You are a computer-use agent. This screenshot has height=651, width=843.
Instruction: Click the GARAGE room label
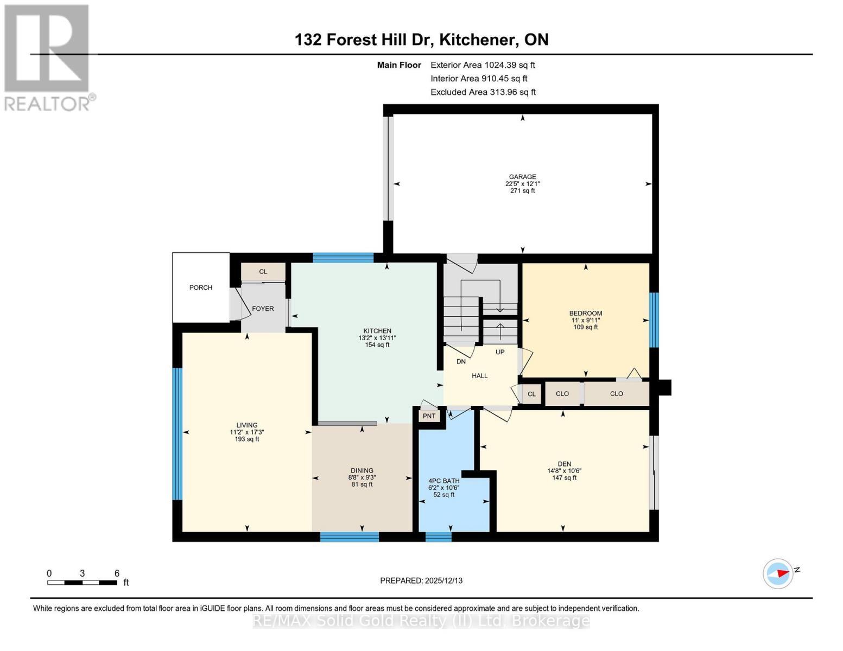522,177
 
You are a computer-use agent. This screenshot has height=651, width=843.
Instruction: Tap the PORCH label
200,288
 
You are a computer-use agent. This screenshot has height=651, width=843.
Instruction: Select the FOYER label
263,309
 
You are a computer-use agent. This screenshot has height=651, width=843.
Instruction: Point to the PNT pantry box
429,416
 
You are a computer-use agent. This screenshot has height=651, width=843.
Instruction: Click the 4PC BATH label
444,481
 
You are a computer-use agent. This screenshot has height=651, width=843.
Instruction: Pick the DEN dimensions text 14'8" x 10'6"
564,471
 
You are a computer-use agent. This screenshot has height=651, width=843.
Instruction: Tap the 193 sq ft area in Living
247,439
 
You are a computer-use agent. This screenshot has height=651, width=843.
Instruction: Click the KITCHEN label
377,331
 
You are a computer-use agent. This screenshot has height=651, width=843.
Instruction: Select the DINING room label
362,470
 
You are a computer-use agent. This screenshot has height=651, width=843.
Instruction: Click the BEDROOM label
585,313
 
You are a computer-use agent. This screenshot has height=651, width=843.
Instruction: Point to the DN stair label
461,361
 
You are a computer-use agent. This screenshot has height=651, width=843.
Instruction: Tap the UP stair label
500,352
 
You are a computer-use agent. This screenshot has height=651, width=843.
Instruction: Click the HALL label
479,376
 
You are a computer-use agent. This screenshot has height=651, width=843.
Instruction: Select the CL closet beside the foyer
263,272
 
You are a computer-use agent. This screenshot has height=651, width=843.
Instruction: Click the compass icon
778,573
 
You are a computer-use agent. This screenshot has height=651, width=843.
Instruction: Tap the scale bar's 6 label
117,573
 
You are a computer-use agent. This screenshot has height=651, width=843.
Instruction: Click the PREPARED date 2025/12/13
443,580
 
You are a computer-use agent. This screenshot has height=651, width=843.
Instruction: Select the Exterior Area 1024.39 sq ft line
483,65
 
